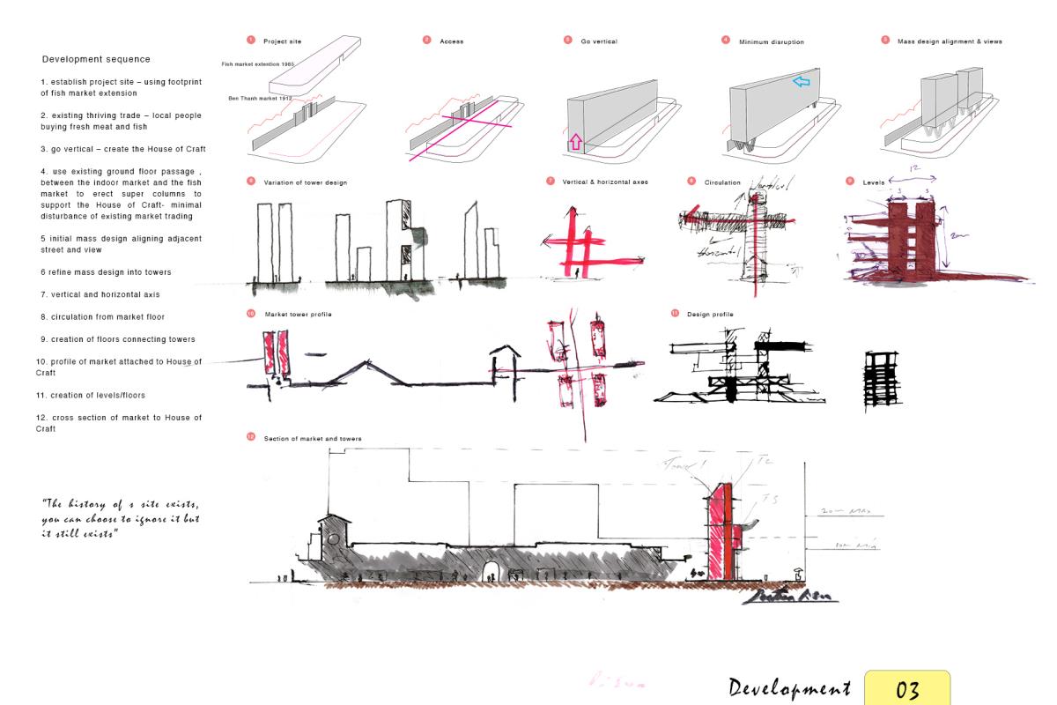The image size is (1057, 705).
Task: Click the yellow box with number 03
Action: (x=907, y=689)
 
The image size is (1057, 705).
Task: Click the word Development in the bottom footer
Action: (x=788, y=688)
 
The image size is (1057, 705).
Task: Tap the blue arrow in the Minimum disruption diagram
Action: (x=800, y=81)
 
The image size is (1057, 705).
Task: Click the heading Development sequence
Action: (x=96, y=59)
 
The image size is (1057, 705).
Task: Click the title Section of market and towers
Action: (x=313, y=438)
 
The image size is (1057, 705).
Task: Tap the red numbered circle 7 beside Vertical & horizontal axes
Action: (x=551, y=182)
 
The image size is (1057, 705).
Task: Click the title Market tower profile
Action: (x=298, y=315)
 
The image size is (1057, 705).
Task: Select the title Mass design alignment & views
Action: (x=950, y=41)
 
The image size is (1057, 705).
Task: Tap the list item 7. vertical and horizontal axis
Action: (x=100, y=294)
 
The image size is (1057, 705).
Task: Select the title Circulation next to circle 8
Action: (x=722, y=182)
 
